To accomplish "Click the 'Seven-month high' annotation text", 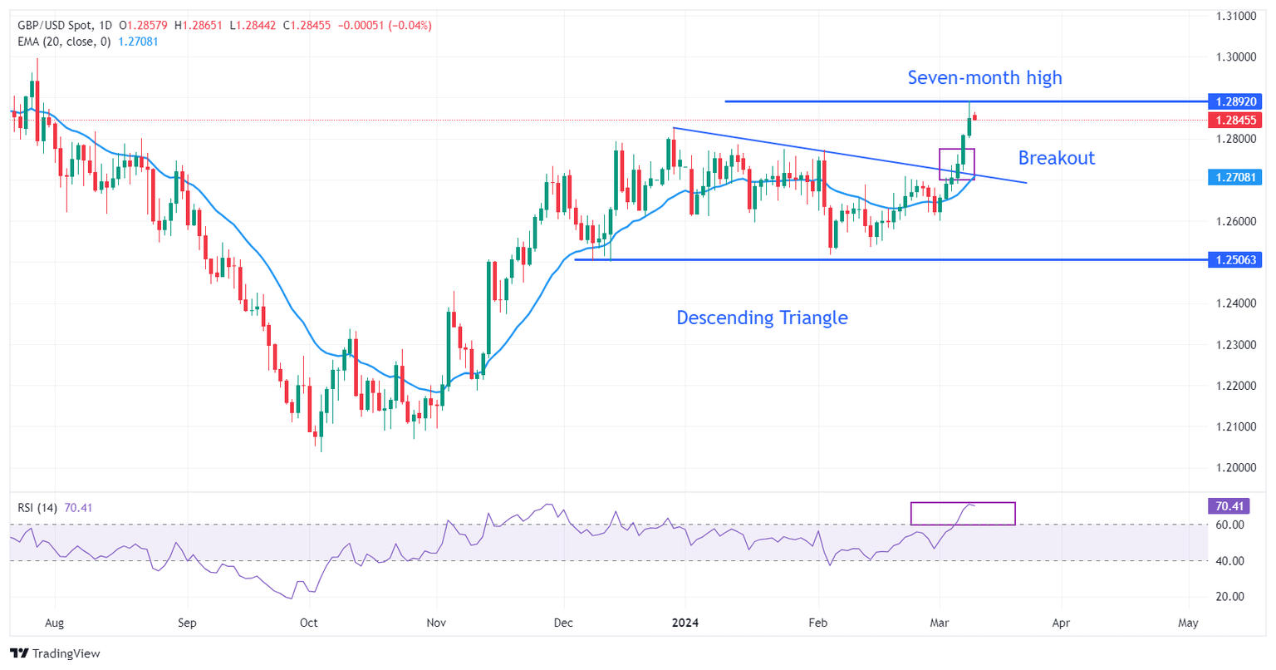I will (984, 78).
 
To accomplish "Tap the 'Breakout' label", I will (1056, 158).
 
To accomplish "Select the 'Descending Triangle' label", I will (762, 318).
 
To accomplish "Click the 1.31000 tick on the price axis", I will (1235, 16).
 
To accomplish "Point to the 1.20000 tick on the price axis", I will (1235, 468).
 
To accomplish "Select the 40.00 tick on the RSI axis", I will (1230, 561).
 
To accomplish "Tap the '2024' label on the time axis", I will (685, 623).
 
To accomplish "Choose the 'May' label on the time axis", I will (1188, 623).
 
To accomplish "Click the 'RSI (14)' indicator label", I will (37, 508).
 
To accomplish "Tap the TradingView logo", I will (55, 653).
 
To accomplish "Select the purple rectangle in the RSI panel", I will (963, 514).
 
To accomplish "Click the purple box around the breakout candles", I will (956, 164).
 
